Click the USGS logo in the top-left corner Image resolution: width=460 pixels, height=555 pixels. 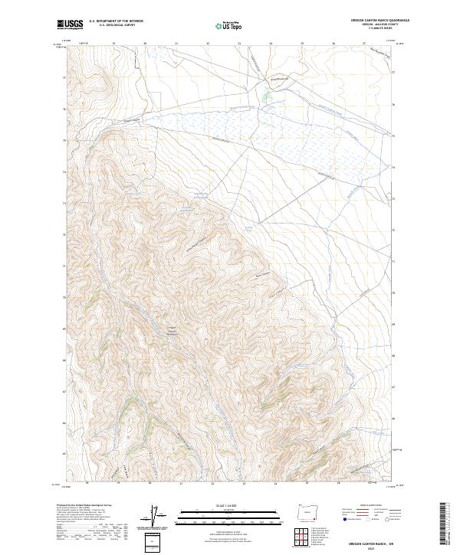pos(70,24)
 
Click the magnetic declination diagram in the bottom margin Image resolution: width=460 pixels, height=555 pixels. pos(154,517)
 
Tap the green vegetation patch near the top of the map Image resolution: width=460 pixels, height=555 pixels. pos(266,97)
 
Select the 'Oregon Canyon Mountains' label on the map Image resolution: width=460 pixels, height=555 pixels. pos(172,332)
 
